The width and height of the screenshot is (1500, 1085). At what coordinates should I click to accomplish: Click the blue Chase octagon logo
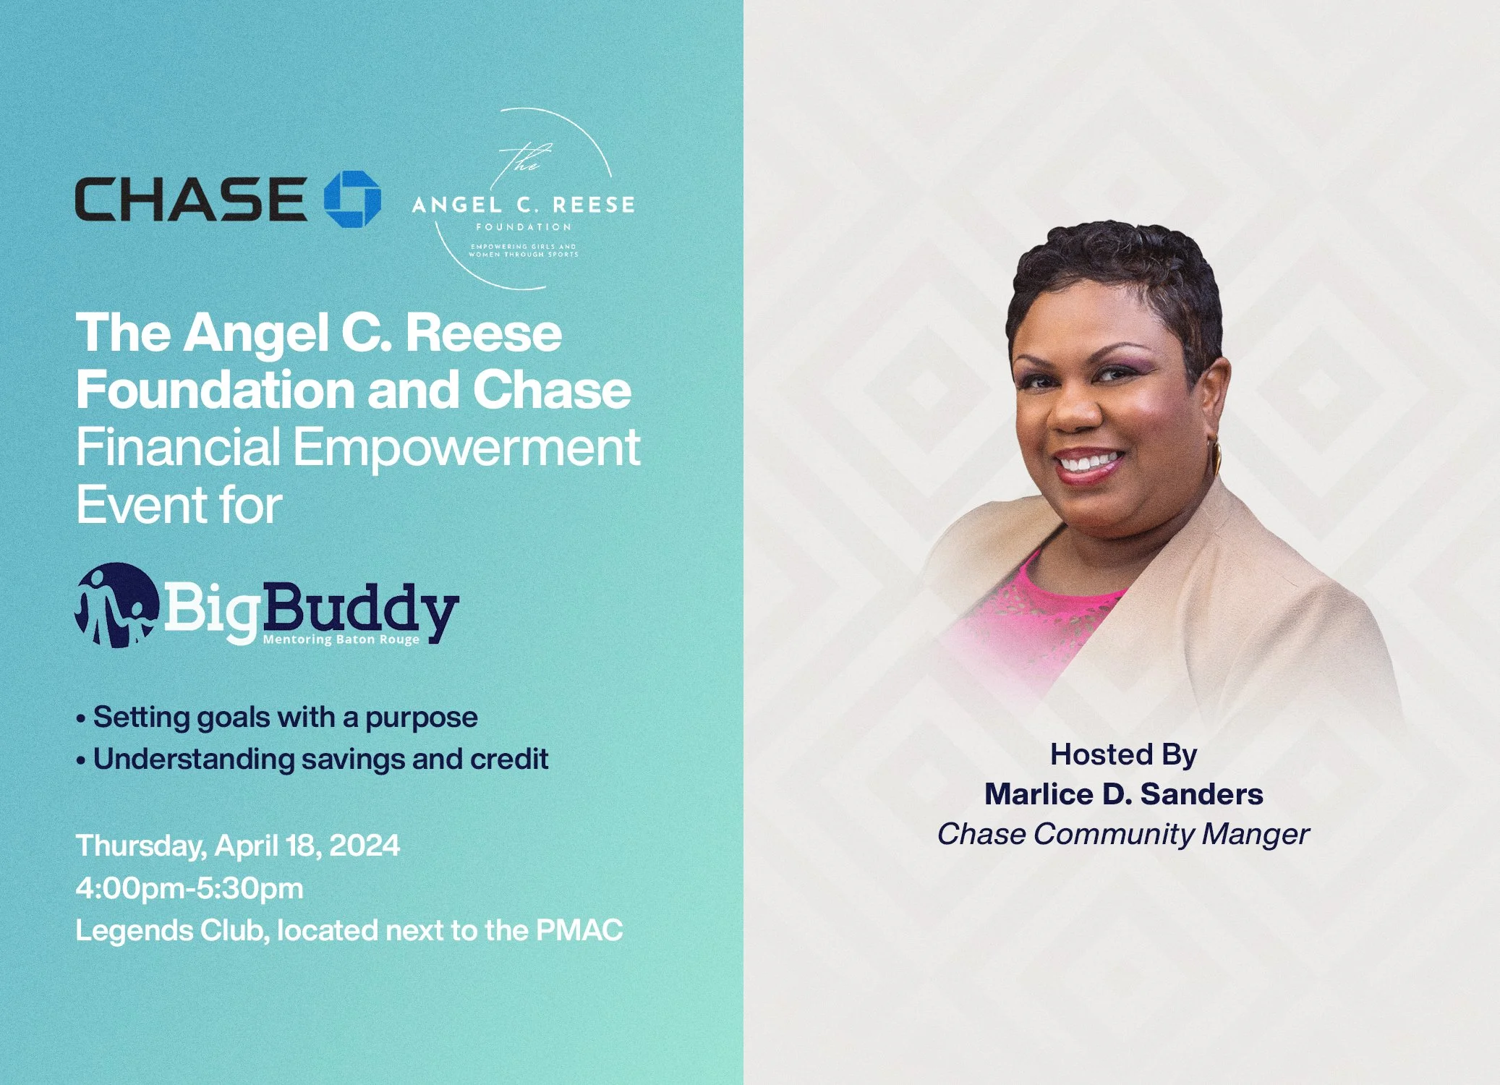click(x=352, y=199)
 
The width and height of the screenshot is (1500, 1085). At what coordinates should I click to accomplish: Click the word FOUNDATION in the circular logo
click(x=524, y=227)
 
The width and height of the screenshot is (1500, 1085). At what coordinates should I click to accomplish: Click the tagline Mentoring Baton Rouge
click(x=341, y=639)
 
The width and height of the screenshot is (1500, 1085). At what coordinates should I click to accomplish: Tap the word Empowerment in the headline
click(x=466, y=447)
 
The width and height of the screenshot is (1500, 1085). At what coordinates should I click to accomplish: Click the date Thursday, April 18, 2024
click(x=237, y=846)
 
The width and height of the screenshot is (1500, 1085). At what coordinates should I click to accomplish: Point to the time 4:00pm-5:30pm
click(x=189, y=888)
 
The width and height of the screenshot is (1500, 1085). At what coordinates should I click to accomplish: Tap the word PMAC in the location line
click(x=579, y=930)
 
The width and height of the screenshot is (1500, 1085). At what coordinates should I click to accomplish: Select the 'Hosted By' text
click(x=1123, y=754)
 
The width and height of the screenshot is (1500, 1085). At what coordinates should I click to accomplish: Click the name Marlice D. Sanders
click(x=1123, y=794)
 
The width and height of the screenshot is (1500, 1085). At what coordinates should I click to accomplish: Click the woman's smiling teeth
click(x=1088, y=460)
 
